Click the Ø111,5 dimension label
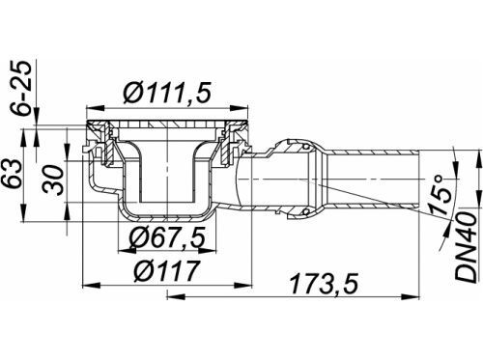coord(168,93)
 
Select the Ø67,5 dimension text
coord(167,238)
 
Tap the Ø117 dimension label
coord(167,271)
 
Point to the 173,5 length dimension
coord(324,284)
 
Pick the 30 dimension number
coord(53,180)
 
